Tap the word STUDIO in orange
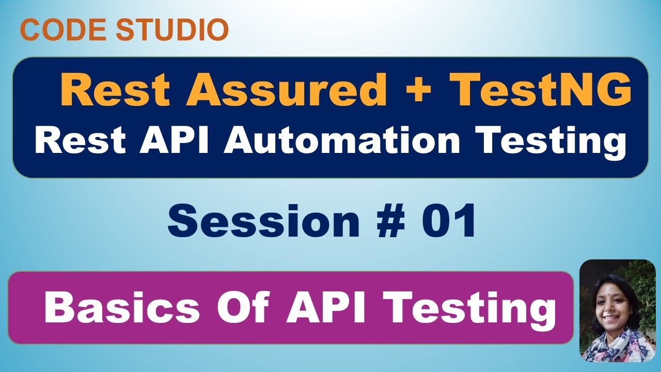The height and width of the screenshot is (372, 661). [x=172, y=30]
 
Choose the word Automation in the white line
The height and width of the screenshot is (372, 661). [x=341, y=141]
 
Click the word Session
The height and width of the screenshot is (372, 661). [x=263, y=221]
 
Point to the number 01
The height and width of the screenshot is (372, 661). [x=448, y=221]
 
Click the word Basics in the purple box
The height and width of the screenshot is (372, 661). [x=122, y=308]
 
